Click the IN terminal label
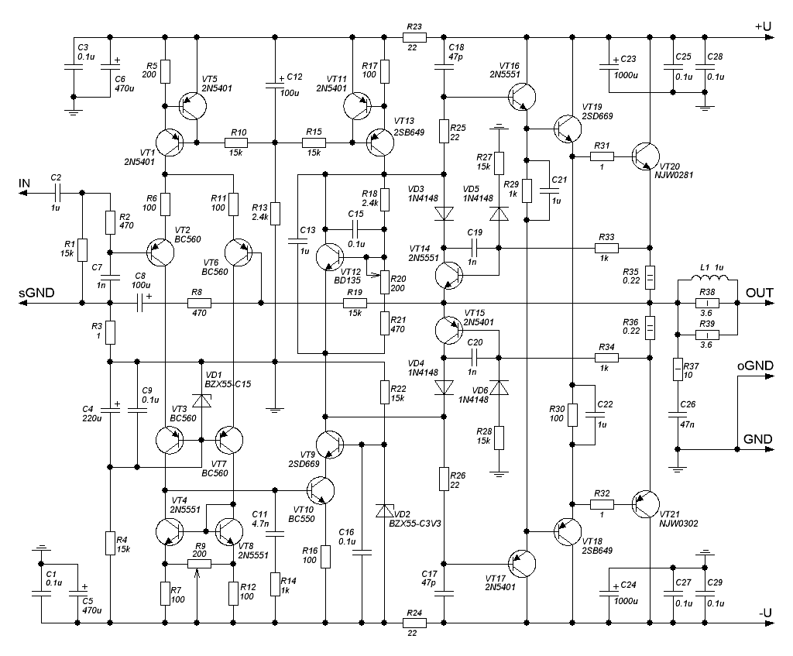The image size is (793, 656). click(x=24, y=183)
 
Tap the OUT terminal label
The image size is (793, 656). click(x=759, y=293)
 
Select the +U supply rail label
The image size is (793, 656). click(x=763, y=26)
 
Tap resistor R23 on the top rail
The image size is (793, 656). click(x=414, y=37)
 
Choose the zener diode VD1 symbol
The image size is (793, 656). click(x=201, y=400)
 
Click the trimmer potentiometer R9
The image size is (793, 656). click(x=199, y=563)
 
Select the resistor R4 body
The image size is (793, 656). click(x=110, y=543)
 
